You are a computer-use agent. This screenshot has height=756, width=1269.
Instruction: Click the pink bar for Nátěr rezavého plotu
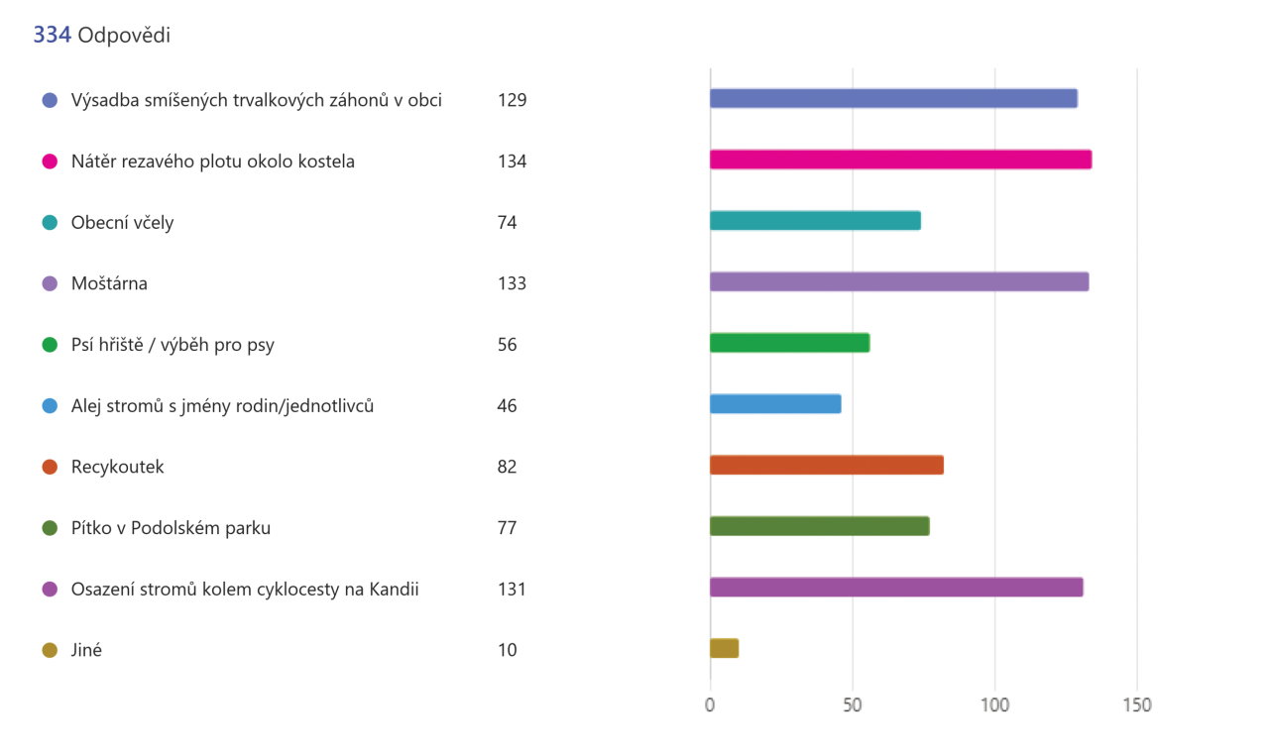900,160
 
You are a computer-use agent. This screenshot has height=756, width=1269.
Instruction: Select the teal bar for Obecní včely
815,221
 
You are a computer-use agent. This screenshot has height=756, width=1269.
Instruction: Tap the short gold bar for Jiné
724,648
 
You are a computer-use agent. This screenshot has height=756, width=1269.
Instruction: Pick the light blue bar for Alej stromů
775,404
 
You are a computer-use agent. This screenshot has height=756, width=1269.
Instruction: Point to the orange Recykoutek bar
826,465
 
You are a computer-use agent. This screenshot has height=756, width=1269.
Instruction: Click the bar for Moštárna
899,281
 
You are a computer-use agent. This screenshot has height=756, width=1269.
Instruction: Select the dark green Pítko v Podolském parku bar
819,526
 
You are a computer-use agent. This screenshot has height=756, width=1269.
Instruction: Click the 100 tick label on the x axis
994,705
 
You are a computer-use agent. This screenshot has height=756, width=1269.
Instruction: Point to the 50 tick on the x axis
853,705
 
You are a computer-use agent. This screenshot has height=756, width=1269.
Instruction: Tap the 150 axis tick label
1137,705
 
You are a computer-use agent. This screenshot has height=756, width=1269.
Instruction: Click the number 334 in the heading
52,36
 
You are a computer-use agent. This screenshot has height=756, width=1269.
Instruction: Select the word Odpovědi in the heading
124,36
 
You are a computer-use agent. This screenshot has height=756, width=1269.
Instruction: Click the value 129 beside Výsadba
512,100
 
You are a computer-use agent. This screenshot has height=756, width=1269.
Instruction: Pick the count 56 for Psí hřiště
508,345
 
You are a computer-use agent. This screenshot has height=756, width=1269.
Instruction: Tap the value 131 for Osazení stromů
512,590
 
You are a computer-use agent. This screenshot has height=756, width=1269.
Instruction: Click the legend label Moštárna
109,283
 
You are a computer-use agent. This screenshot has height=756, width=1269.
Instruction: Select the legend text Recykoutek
117,467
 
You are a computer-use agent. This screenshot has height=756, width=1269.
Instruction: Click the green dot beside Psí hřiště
50,346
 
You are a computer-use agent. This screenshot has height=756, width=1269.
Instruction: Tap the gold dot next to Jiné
50,651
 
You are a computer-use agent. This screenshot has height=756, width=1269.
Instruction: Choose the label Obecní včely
122,223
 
